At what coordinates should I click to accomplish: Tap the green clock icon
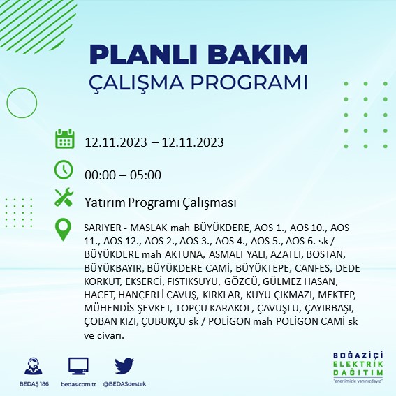[64, 170]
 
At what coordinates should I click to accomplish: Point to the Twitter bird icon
[124, 367]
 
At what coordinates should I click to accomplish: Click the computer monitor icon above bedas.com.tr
[78, 367]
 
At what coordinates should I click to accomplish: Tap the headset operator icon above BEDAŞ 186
[32, 367]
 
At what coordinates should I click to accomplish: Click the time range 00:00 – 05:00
[123, 175]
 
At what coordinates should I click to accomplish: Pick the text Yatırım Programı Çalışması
[160, 203]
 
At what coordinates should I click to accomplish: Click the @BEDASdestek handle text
[124, 385]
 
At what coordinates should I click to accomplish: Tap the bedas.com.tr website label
[78, 385]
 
